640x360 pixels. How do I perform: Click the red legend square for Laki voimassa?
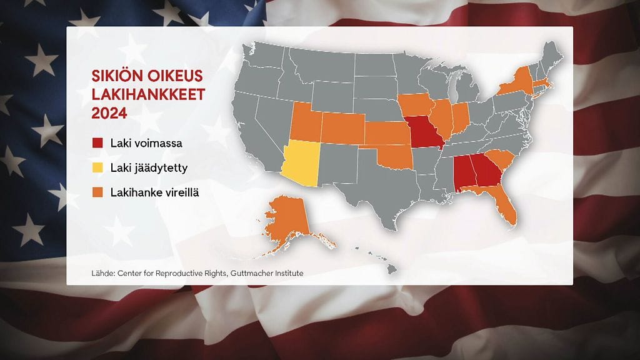(x=97, y=143)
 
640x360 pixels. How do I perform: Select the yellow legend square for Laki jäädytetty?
(x=97, y=167)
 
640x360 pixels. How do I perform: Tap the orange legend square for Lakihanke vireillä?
(x=97, y=192)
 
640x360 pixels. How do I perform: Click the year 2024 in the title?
(x=109, y=114)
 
